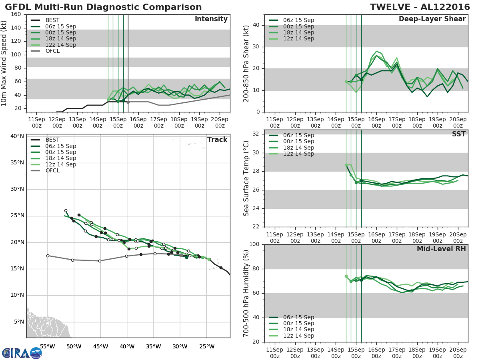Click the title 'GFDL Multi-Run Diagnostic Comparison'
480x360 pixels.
103,7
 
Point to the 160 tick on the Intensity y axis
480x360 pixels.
16,14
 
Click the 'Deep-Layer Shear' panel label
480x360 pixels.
432,19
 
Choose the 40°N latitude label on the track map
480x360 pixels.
17,136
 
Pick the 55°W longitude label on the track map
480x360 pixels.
48,346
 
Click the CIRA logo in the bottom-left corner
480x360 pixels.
22,353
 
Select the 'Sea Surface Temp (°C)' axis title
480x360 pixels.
246,178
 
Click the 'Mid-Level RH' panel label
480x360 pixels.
441,249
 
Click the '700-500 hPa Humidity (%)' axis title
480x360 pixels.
246,293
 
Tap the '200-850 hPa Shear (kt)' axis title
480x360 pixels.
246,63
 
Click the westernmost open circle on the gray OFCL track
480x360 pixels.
48,256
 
